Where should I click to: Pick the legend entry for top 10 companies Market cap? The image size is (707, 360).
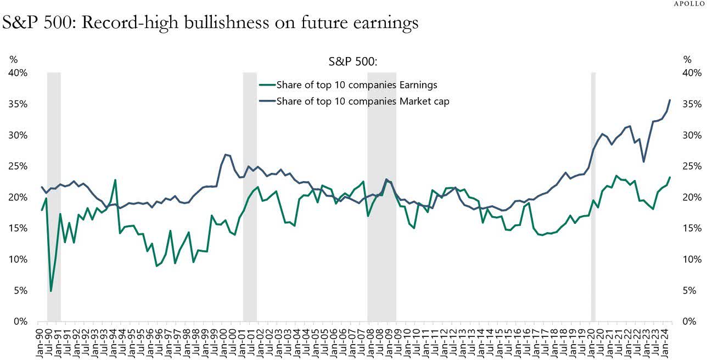pyautogui.click(x=363, y=101)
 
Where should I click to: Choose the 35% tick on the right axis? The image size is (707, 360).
pyautogui.click(x=689, y=104)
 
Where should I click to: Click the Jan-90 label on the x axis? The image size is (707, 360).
pyautogui.click(x=39, y=340)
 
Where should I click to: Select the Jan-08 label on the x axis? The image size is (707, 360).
pyautogui.click(x=371, y=340)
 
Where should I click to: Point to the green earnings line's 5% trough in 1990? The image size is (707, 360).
pyautogui.click(x=51, y=290)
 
